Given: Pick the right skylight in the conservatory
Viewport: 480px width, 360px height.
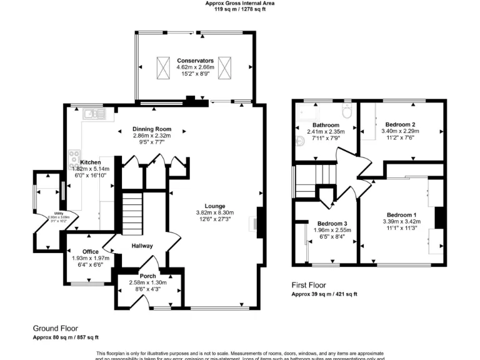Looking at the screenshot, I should (226, 66).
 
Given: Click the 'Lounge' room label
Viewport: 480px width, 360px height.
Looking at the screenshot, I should (214, 206).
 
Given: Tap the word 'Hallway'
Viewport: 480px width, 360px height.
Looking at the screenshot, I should (142, 246).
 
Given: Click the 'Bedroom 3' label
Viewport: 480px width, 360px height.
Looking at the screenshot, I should (331, 224).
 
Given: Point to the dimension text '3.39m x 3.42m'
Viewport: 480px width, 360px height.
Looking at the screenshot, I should (401, 221).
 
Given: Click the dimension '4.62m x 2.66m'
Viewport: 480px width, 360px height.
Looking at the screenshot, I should (195, 67).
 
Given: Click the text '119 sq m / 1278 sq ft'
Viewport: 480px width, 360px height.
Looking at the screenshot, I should (240, 9).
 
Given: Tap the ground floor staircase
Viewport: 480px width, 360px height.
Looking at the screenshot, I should (131, 212).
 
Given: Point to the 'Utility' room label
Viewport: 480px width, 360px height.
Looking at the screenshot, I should (57, 213).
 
